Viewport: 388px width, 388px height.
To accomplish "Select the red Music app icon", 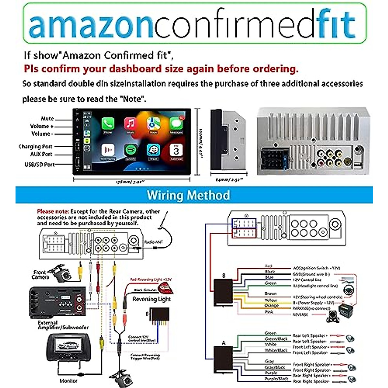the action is (130, 123).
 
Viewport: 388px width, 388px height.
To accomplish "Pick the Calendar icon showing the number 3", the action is (176, 150).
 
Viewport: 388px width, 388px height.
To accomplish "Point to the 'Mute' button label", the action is (48, 119).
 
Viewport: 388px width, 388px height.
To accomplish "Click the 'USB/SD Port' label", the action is (39, 165).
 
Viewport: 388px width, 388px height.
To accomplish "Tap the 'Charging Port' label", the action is (35, 146).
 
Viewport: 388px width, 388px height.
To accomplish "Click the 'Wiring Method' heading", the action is (189, 195).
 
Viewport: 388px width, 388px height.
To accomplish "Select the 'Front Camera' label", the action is (41, 275).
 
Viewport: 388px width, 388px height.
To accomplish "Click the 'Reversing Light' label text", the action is (152, 299).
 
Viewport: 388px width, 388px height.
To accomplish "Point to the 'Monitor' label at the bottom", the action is (69, 381).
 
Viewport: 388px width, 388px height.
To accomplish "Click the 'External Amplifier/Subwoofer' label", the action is (63, 325).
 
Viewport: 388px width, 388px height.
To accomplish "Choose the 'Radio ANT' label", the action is (154, 242).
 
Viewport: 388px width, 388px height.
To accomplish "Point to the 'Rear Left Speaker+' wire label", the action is (310, 336).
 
